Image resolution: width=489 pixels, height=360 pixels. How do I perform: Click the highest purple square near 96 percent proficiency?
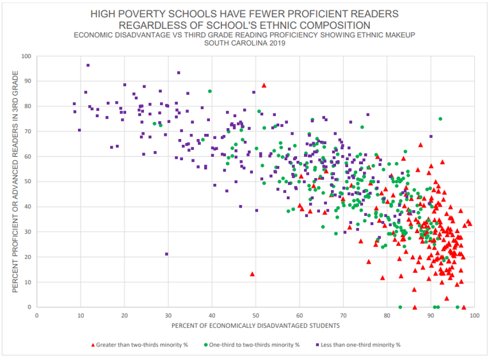pyautogui.click(x=88, y=65)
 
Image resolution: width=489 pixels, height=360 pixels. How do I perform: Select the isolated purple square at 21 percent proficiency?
pyautogui.click(x=166, y=254)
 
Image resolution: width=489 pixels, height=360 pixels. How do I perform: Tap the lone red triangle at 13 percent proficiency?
pyautogui.click(x=252, y=274)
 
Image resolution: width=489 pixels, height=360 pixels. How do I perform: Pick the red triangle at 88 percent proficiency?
pyautogui.click(x=264, y=85)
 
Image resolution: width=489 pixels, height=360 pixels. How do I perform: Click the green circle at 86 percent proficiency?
pyautogui.click(x=209, y=92)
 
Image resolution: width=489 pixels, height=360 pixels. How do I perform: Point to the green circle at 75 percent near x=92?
pyautogui.click(x=440, y=119)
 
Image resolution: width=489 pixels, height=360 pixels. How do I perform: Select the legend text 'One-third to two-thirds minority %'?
pyautogui.click(x=253, y=345)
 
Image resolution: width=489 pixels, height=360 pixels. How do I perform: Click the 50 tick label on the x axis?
pyautogui.click(x=255, y=316)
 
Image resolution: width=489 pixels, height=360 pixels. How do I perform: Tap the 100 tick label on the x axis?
pyautogui.click(x=474, y=316)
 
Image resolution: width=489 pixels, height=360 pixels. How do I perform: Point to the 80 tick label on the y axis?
pyautogui.click(x=27, y=106)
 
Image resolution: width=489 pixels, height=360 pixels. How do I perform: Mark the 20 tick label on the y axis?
pyautogui.click(x=27, y=257)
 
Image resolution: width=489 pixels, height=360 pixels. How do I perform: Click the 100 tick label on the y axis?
pyautogui.click(x=26, y=56)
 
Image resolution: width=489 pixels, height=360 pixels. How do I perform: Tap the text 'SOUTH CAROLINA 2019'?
pyautogui.click(x=244, y=43)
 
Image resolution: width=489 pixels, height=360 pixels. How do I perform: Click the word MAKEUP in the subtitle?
pyautogui.click(x=396, y=34)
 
